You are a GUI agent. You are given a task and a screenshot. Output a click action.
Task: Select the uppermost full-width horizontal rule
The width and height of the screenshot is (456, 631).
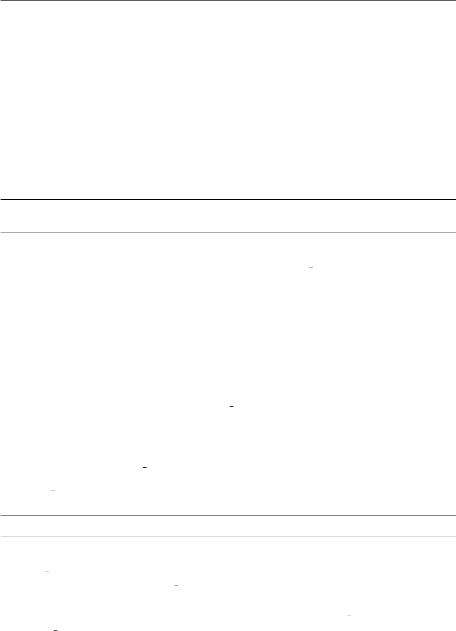(228, 200)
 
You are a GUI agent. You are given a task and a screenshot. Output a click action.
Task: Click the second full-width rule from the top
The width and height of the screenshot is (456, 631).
(228, 233)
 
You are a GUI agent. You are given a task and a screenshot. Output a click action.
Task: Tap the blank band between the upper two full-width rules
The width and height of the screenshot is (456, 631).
(228, 217)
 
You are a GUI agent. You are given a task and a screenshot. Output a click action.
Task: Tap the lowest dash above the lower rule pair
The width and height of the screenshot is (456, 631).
(53, 490)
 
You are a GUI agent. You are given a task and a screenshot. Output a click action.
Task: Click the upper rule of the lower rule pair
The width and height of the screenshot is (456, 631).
(228, 516)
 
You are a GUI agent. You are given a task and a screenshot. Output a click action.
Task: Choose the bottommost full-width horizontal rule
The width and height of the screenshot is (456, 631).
(228, 536)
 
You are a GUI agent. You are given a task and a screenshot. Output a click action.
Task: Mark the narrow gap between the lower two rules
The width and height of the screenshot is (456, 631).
(228, 526)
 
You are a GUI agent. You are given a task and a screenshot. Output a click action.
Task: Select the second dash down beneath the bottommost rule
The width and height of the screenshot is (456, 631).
(176, 585)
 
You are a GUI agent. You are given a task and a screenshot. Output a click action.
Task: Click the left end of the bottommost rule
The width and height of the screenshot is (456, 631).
(1, 536)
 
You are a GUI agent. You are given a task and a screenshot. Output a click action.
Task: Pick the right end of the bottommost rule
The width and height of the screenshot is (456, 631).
(454, 536)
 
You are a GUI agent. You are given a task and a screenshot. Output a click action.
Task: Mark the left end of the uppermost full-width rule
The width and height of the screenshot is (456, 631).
(1, 200)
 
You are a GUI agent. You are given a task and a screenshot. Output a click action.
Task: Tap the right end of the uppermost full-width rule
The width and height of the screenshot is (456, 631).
(454, 200)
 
